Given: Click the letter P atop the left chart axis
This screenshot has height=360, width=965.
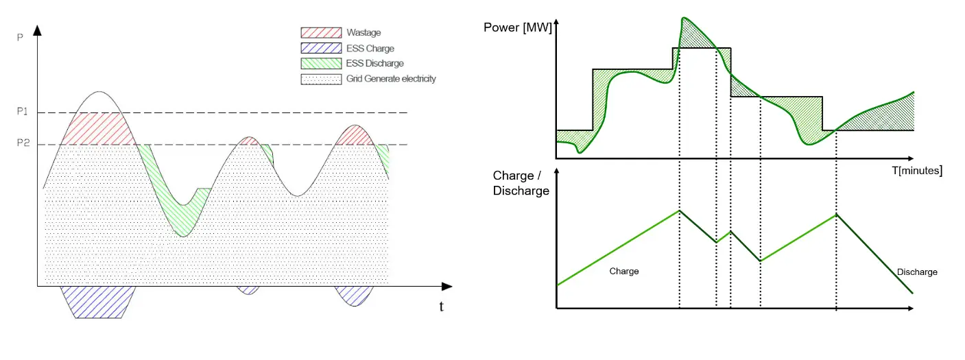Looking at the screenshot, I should pyautogui.click(x=20, y=36).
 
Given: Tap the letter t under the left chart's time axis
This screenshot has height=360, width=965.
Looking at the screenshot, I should pyautogui.click(x=441, y=307).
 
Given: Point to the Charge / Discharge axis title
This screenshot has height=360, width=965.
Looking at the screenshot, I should pyautogui.click(x=521, y=184).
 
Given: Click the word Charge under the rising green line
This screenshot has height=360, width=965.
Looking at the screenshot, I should pyautogui.click(x=623, y=272).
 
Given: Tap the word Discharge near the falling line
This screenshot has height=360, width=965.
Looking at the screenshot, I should pyautogui.click(x=917, y=272).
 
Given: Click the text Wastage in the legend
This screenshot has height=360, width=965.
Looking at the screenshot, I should pyautogui.click(x=364, y=33).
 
